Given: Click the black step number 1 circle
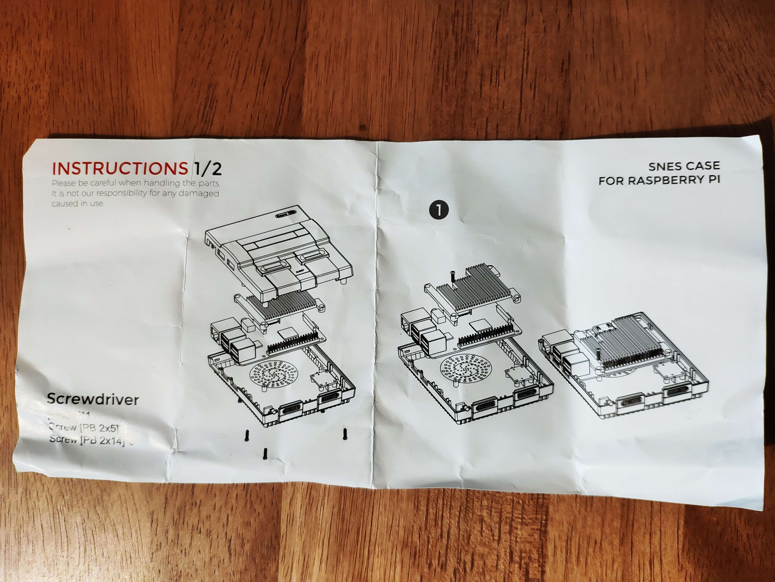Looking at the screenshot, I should [438, 210].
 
